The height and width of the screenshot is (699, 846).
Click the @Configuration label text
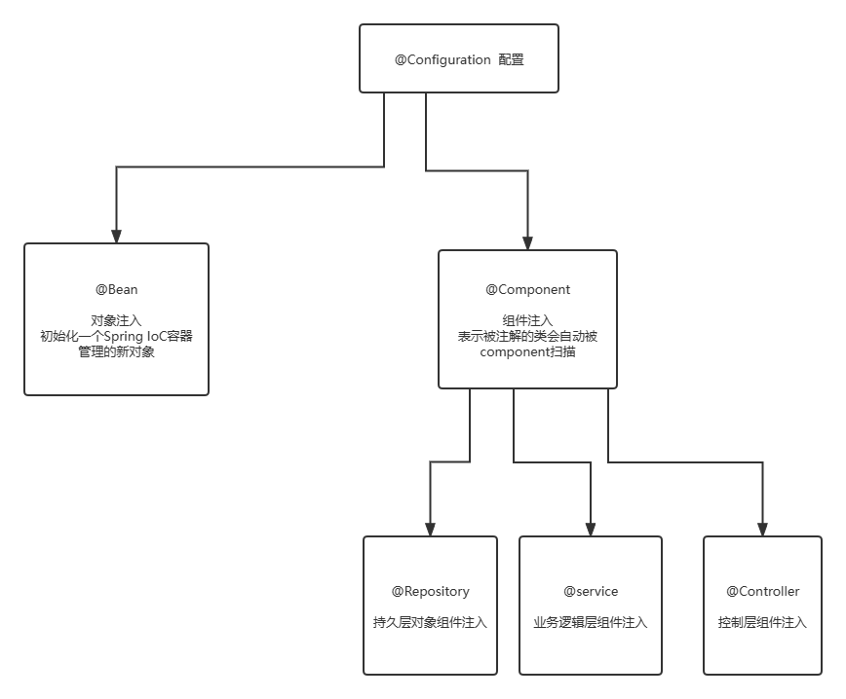pos(442,60)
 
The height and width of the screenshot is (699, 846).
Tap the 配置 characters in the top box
pos(511,60)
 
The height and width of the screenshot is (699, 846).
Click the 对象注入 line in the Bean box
pos(116,320)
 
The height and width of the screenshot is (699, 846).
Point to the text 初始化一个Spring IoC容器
pos(116,337)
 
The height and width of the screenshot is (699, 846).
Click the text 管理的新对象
pos(116,352)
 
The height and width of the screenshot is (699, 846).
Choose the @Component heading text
pos(527,290)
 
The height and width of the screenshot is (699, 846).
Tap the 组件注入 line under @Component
pos(527,320)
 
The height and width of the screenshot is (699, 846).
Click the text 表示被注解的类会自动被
pos(527,337)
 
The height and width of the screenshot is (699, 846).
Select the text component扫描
pos(527,352)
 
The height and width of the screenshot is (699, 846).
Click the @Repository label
pos(430,592)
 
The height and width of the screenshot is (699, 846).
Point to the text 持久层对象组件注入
pos(430,622)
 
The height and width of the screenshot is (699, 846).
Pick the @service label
pos(591,592)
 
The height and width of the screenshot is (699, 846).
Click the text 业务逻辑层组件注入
pos(591,622)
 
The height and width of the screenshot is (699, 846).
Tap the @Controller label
pos(762,592)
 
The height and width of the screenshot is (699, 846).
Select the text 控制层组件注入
pos(762,622)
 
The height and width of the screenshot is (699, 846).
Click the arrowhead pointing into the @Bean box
pos(116,236)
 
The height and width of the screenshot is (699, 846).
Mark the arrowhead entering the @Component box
pos(527,243)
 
